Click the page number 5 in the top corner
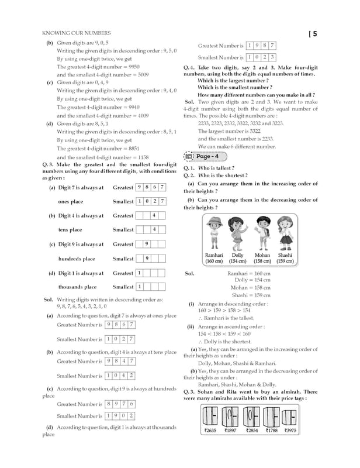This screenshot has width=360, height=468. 314,34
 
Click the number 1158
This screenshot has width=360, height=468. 140,157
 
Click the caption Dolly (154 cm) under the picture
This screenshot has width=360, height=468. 237,259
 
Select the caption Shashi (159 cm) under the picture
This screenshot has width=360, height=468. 285,259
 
